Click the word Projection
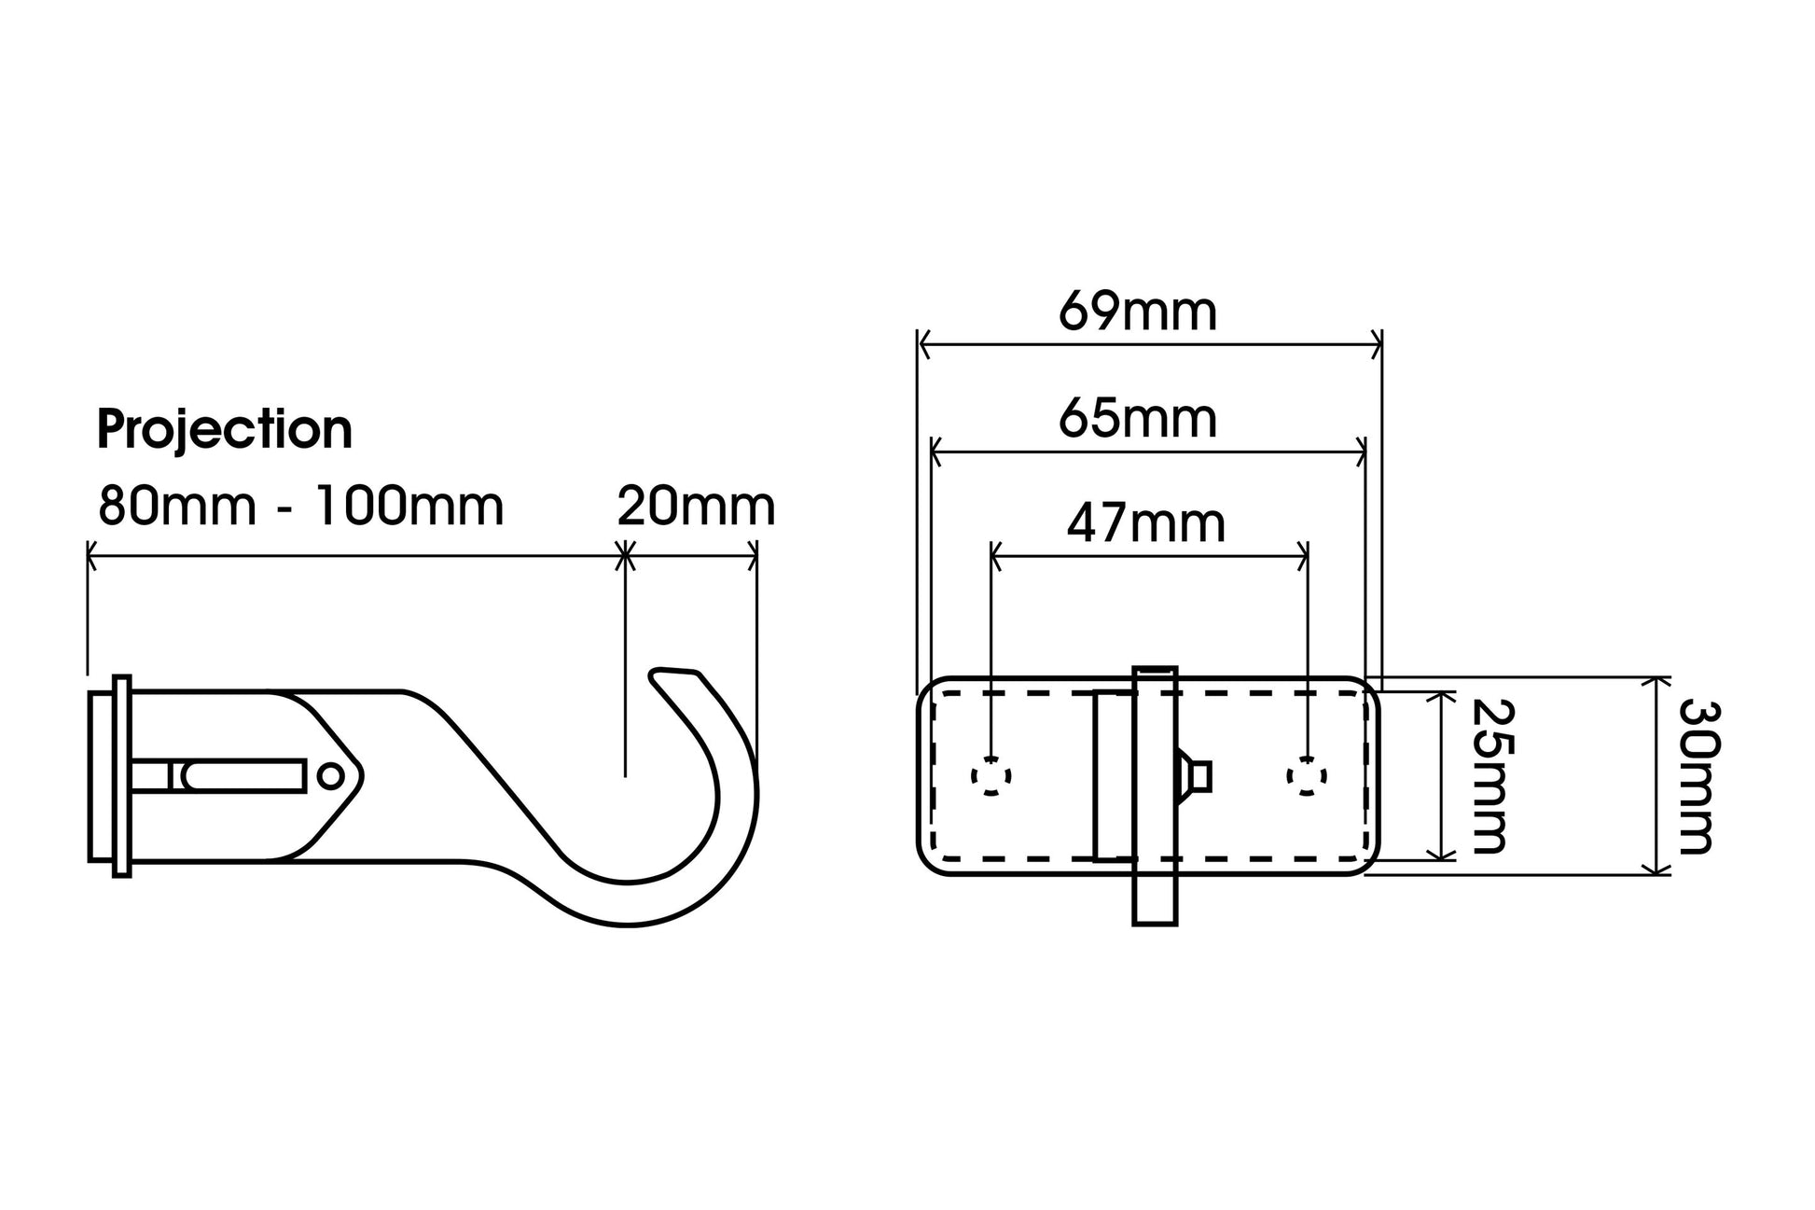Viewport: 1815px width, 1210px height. click(x=225, y=431)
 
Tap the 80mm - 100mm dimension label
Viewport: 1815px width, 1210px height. click(x=301, y=508)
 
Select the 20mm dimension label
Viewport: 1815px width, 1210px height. click(x=696, y=508)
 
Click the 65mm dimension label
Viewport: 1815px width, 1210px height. click(x=1138, y=419)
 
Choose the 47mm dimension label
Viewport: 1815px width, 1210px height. click(x=1146, y=524)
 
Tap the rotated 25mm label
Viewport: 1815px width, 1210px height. click(x=1489, y=776)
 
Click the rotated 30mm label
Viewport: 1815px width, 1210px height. click(x=1698, y=776)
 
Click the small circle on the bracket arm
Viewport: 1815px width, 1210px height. click(x=330, y=775)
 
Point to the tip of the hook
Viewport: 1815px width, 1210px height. click(x=656, y=674)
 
